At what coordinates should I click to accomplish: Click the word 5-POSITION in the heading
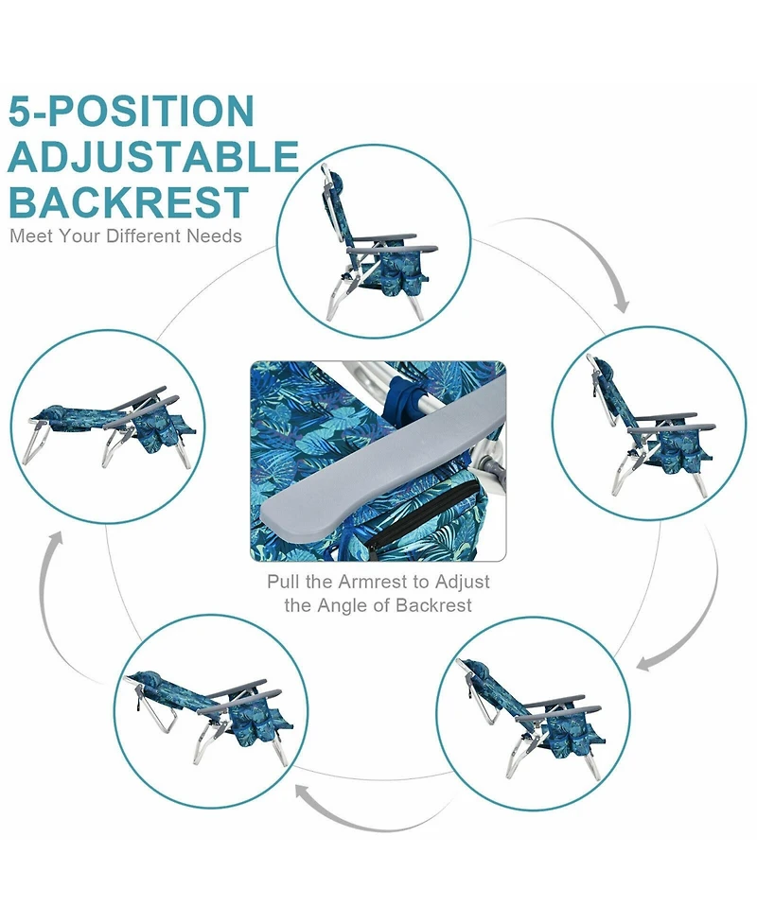132,112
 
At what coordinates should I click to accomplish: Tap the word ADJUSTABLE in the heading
154,157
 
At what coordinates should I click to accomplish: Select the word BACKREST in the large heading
129,202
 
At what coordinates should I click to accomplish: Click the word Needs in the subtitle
215,236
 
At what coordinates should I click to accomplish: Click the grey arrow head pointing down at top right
621,303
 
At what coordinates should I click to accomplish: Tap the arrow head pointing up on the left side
56,539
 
